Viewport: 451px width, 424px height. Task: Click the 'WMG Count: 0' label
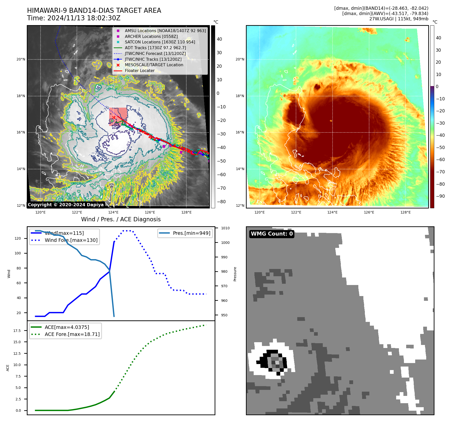pyautogui.click(x=272, y=234)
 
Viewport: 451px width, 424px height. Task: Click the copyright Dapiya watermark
pyautogui.click(x=66, y=205)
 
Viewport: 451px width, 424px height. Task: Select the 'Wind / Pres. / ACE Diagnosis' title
pyautogui.click(x=121, y=219)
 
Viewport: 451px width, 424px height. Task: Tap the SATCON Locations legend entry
pyautogui.click(x=160, y=42)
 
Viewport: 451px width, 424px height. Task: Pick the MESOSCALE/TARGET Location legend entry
pyautogui.click(x=154, y=65)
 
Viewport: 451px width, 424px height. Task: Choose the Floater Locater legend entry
pyautogui.click(x=139, y=70)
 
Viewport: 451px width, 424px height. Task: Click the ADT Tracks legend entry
pyautogui.click(x=155, y=48)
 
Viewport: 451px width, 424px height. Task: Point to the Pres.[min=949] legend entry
pyautogui.click(x=191, y=233)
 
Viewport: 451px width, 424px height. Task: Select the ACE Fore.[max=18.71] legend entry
pyautogui.click(x=72, y=334)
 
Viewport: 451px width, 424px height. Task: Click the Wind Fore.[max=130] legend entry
pyautogui.click(x=71, y=240)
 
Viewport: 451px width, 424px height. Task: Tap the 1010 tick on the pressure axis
pyautogui.click(x=225, y=228)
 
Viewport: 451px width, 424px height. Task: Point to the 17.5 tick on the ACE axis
pyautogui.click(x=17, y=331)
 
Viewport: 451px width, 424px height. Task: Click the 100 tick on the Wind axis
pyautogui.click(x=18, y=253)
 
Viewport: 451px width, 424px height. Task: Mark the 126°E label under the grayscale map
pyautogui.click(x=150, y=212)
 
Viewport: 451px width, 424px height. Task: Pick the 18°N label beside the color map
pyautogui.click(x=240, y=96)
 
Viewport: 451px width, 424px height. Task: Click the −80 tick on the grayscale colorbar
pyautogui.click(x=221, y=202)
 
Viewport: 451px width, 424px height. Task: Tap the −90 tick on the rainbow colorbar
pyautogui.click(x=440, y=196)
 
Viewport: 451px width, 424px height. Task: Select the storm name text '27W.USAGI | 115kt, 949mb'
pyautogui.click(x=399, y=19)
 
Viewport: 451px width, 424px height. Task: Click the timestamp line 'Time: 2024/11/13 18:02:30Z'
pyautogui.click(x=74, y=18)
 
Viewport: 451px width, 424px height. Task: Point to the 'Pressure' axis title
pyautogui.click(x=235, y=274)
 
